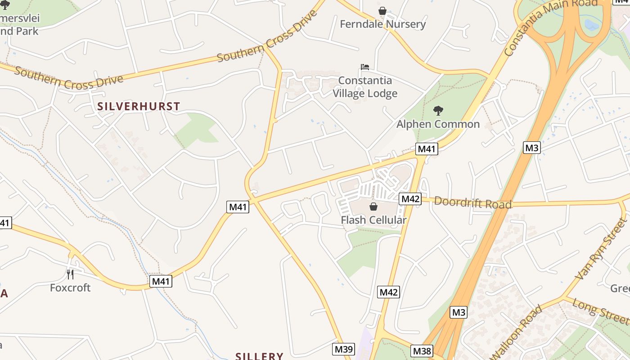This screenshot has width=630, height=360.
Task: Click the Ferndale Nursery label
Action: click(x=382, y=24)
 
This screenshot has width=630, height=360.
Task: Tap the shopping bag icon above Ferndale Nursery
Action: click(x=382, y=10)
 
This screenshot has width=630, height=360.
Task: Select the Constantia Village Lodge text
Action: click(x=365, y=87)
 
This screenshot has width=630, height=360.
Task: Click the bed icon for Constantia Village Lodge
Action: click(x=365, y=67)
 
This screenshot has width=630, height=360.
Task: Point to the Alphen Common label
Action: click(x=438, y=124)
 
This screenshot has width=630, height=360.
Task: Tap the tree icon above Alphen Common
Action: click(x=438, y=110)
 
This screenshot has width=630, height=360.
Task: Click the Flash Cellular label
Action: click(x=373, y=220)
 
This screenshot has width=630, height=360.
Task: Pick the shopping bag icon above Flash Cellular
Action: click(x=373, y=207)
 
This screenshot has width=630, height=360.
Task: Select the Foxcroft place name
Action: click(x=70, y=288)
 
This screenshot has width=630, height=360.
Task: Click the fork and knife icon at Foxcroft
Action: click(x=70, y=274)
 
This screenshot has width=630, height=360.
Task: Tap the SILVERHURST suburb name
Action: click(x=139, y=107)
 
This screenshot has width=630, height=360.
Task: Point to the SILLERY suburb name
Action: click(x=259, y=356)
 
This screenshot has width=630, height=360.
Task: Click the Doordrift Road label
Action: click(x=472, y=203)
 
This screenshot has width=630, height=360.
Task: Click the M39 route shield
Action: click(x=344, y=349)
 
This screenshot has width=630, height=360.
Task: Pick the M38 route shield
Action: click(x=422, y=351)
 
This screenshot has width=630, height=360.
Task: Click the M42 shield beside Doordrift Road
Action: click(x=410, y=198)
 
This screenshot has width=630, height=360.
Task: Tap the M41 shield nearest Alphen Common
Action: click(x=427, y=149)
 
